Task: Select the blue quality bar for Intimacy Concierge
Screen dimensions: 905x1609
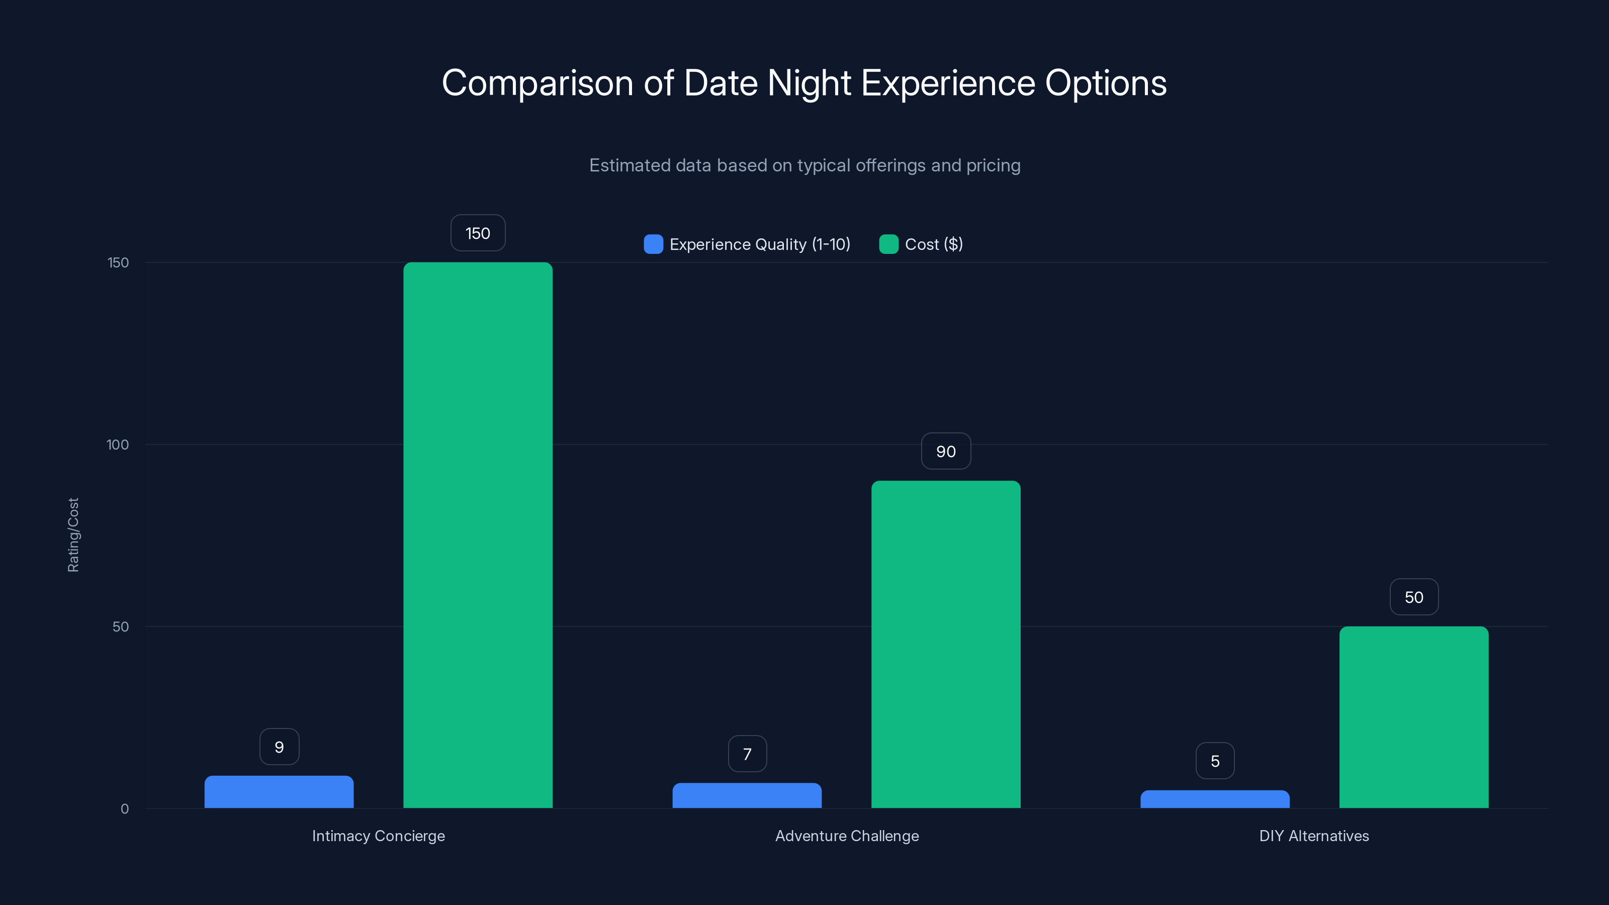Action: click(x=279, y=792)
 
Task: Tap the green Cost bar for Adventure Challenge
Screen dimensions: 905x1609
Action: click(x=946, y=644)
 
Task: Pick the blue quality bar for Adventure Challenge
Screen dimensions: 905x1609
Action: click(x=747, y=796)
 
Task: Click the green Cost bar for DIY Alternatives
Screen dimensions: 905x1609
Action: click(x=1413, y=717)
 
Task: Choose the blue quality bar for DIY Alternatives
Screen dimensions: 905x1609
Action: click(x=1215, y=799)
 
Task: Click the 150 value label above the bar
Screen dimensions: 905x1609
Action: click(x=478, y=233)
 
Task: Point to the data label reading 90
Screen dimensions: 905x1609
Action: click(x=946, y=451)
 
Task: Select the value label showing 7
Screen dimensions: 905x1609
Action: click(x=747, y=754)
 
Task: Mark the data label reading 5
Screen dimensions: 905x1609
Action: click(x=1215, y=761)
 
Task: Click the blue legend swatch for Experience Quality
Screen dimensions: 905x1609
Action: click(x=653, y=244)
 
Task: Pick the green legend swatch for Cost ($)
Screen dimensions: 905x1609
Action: click(x=888, y=244)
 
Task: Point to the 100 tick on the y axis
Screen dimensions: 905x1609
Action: click(x=118, y=444)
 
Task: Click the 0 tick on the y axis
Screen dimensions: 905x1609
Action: click(x=124, y=809)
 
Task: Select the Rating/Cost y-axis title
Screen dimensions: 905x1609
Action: click(x=73, y=534)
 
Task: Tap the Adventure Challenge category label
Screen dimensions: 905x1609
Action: click(x=846, y=836)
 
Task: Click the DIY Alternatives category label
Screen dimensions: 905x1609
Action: click(x=1313, y=836)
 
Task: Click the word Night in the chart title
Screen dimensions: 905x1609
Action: click(x=809, y=83)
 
